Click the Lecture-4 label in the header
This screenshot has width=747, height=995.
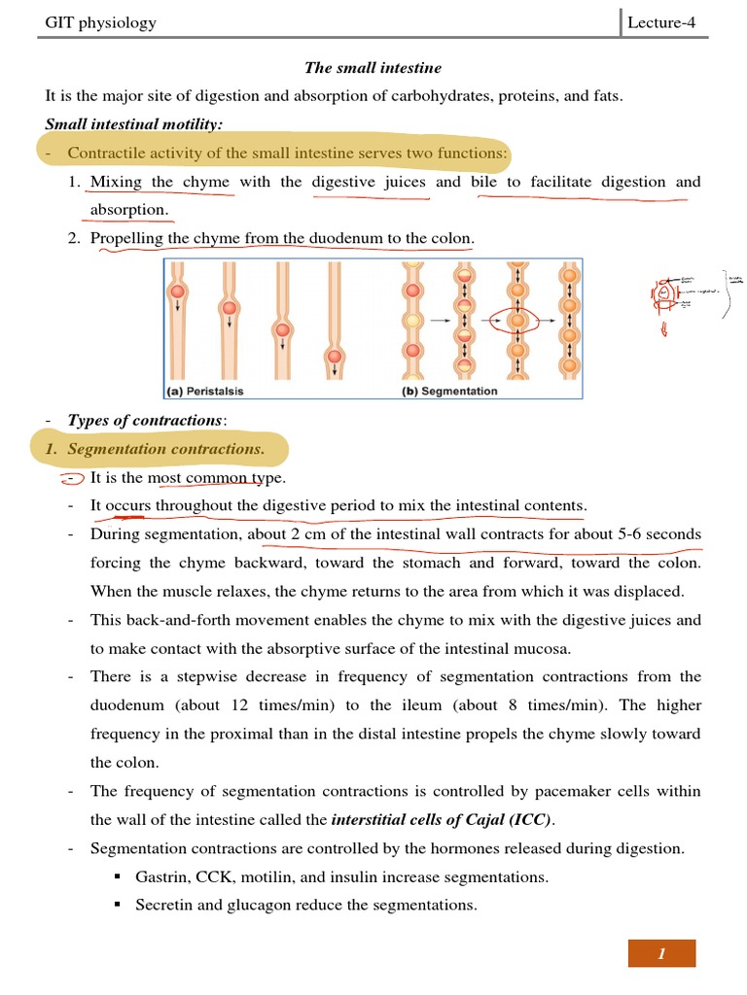(661, 22)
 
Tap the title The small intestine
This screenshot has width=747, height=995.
(373, 68)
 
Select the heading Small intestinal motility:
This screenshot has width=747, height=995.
(134, 124)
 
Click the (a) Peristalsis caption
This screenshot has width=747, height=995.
(204, 392)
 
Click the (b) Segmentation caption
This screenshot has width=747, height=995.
(449, 392)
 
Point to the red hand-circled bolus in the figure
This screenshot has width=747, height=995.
(517, 319)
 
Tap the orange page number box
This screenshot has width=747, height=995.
(661, 953)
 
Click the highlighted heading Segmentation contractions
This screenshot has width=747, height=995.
(165, 449)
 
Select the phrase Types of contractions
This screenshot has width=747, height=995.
(145, 420)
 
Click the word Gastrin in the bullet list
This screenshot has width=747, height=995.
(162, 877)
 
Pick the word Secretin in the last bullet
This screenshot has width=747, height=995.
(164, 906)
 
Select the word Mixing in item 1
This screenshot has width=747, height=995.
(116, 182)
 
